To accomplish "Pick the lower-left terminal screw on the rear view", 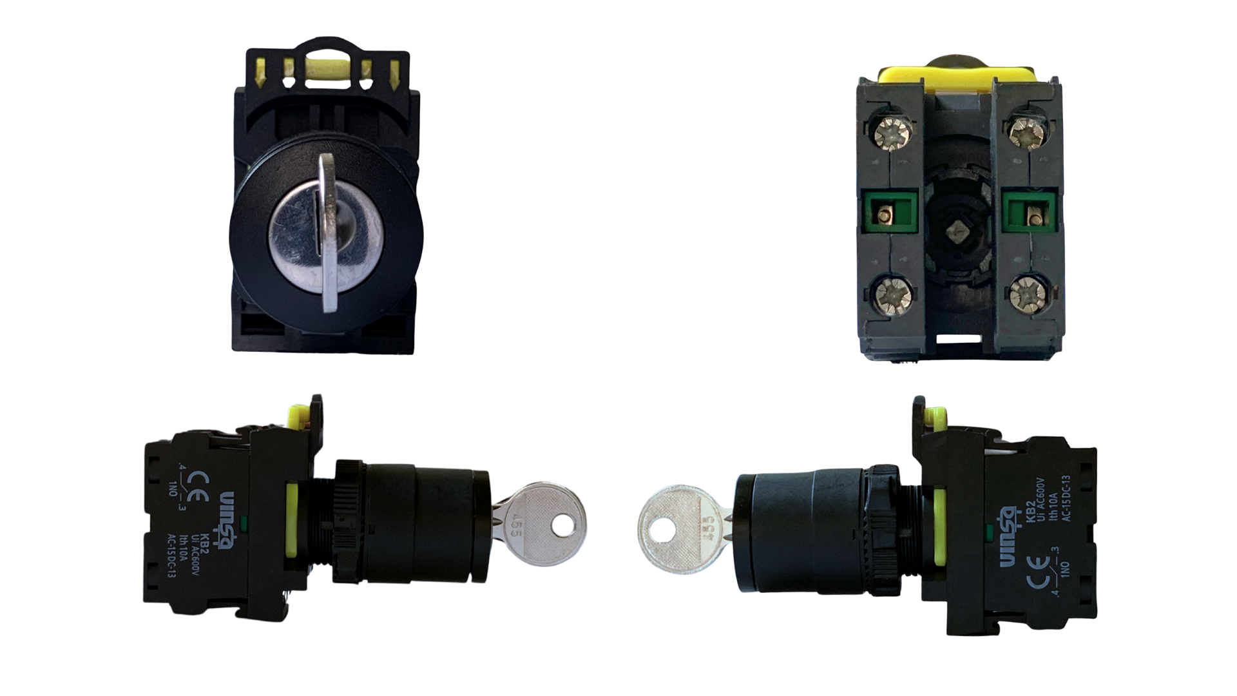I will [892, 297].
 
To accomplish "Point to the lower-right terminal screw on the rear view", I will [1025, 297].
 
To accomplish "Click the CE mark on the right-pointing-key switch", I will [202, 479].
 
